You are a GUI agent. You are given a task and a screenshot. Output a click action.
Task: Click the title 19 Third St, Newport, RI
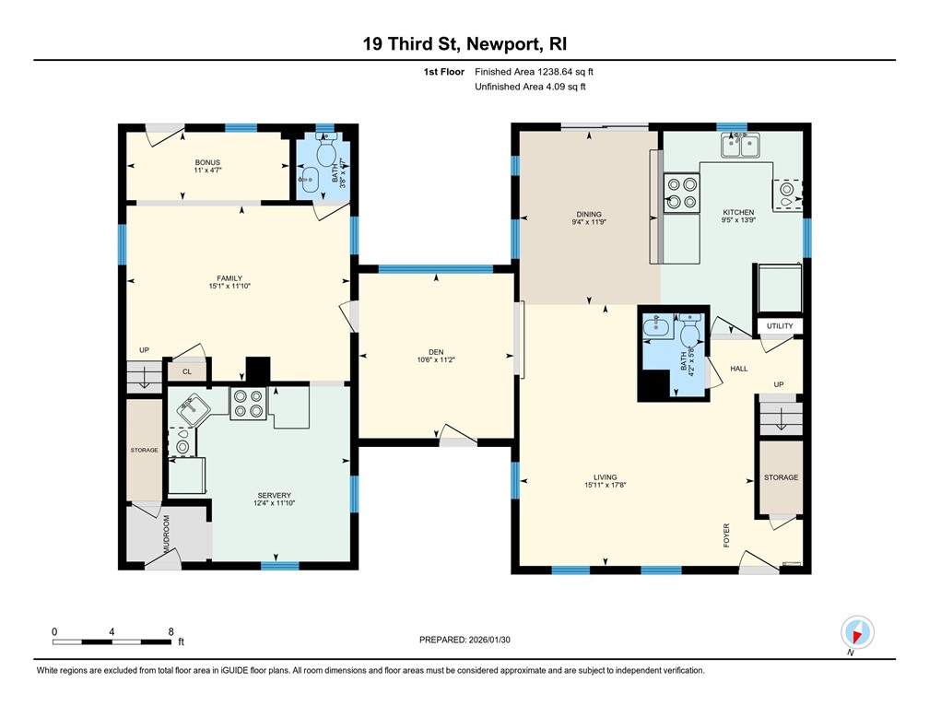pos(464,44)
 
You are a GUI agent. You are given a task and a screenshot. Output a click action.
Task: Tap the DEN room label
pos(437,349)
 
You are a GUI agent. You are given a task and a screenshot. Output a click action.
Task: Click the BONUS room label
pos(206,162)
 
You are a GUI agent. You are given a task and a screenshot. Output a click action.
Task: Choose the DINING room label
pos(587,215)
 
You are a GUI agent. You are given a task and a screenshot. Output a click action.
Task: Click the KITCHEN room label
pos(737,213)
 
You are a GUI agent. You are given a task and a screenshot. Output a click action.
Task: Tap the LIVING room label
pos(605,477)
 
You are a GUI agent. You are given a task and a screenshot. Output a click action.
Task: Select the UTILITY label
pos(779,326)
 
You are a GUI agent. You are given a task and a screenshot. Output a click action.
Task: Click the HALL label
pos(738,369)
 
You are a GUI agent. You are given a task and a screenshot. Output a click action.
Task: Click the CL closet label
pos(186,371)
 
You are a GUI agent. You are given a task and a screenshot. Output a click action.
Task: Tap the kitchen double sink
pos(741,144)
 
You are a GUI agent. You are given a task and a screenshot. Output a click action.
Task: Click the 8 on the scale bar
pos(171,631)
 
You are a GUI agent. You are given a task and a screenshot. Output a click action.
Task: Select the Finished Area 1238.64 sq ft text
pos(539,71)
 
